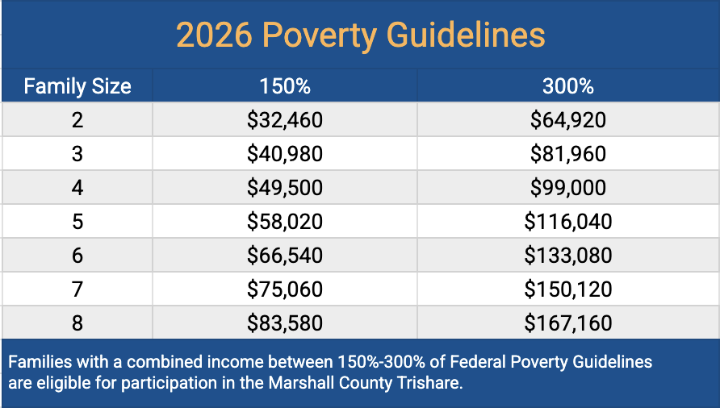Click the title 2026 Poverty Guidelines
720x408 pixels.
coord(360,35)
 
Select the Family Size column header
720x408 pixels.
coord(77,86)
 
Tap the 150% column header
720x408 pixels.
coord(284,86)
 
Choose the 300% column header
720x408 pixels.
coord(567,86)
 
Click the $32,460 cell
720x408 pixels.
coord(284,121)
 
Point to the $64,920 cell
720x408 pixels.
coord(567,121)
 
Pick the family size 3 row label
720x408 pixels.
coord(77,154)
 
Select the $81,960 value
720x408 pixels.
coord(567,154)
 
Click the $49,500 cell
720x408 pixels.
coord(284,188)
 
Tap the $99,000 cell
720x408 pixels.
coord(567,188)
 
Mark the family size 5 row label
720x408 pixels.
coord(77,222)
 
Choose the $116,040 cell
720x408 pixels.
coord(567,222)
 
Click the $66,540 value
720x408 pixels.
coord(284,256)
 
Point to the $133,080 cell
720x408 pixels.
coord(567,256)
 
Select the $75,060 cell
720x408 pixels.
coord(284,289)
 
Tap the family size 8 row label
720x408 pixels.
coord(77,323)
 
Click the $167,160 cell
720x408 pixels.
coord(567,323)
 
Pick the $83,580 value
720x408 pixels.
coord(284,323)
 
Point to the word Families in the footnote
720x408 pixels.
coord(37,361)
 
